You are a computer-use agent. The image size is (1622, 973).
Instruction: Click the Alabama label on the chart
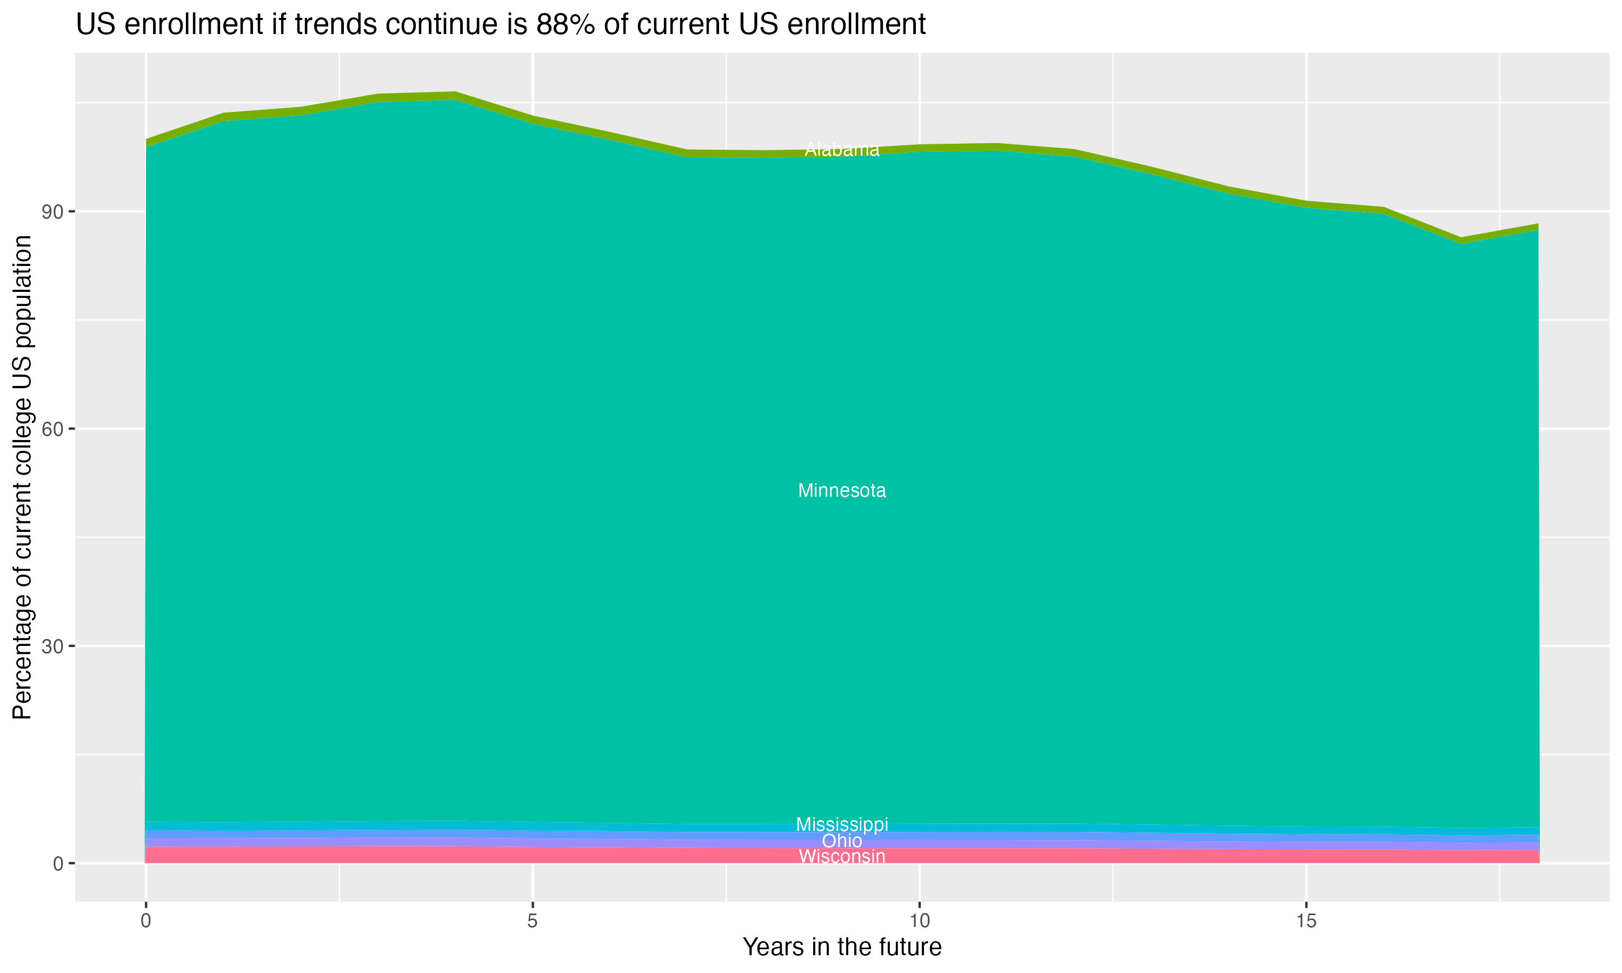[x=842, y=150]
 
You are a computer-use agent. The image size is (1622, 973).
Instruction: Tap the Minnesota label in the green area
[x=842, y=490]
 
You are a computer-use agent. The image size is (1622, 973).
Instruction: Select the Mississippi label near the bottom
[x=842, y=824]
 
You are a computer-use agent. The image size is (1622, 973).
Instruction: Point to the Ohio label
[x=842, y=841]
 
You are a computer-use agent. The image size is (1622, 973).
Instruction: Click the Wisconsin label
[x=842, y=856]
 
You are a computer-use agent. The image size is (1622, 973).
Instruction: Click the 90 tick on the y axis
[x=53, y=212]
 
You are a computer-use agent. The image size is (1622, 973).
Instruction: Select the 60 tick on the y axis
[x=53, y=429]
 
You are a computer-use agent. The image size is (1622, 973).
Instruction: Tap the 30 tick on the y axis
[x=53, y=647]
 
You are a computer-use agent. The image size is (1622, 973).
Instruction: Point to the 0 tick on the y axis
[x=58, y=863]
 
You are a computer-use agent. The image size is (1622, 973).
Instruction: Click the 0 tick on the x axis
[x=145, y=921]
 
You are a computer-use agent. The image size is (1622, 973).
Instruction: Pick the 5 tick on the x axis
[x=533, y=921]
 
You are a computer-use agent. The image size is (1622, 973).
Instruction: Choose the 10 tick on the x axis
[x=920, y=921]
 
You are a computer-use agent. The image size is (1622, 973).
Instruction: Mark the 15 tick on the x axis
[x=1307, y=921]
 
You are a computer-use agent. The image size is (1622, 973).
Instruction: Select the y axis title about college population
[x=23, y=477]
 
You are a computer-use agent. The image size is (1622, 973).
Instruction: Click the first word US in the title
[x=96, y=25]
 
